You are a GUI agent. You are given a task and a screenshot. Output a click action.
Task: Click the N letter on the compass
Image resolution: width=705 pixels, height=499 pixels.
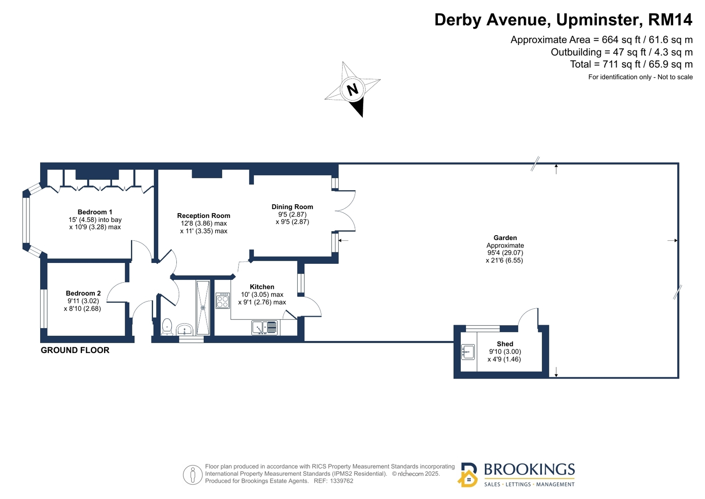[x=353, y=89]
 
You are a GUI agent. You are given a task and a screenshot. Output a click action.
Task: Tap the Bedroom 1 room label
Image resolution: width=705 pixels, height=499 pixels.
[x=95, y=212]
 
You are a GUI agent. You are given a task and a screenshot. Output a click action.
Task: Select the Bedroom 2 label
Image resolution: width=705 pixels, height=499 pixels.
[x=83, y=293]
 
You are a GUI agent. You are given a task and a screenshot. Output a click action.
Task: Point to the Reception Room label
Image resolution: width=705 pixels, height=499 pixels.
[x=204, y=216]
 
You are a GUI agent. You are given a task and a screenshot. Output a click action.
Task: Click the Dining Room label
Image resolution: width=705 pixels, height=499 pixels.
[x=292, y=207]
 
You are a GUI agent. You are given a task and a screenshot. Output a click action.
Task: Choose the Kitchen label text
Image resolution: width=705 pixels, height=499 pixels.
[x=262, y=287]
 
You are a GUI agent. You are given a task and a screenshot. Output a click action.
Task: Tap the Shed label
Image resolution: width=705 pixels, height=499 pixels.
[x=505, y=344]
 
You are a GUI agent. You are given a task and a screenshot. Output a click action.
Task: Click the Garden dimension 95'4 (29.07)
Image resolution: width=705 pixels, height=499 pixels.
[x=505, y=253]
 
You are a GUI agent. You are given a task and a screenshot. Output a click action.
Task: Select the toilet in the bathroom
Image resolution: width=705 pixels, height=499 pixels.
[x=167, y=326]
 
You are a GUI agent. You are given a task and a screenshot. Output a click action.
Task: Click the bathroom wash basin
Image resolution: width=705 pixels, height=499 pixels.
[x=185, y=330]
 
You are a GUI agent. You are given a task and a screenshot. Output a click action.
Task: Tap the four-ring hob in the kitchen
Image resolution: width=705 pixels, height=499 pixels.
[x=223, y=300]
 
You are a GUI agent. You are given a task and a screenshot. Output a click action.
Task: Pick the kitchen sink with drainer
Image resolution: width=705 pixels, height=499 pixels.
[x=265, y=328]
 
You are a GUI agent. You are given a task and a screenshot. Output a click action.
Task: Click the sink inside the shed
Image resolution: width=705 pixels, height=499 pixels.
[x=468, y=352]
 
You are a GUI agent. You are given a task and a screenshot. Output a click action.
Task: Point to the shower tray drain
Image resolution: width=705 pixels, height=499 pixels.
[x=203, y=308]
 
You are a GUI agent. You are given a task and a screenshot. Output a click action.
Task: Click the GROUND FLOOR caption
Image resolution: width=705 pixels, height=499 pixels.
[x=75, y=350]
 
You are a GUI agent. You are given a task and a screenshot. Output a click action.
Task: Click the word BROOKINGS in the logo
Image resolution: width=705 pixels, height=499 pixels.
[x=530, y=470]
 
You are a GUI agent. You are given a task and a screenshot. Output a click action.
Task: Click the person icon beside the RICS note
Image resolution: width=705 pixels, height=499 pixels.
[x=193, y=475]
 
